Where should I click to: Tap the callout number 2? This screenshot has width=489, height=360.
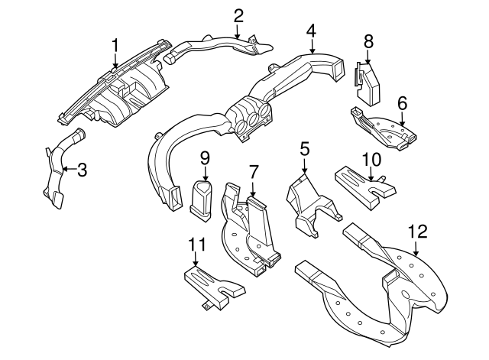[238, 15]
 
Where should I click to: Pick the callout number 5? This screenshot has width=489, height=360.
[304, 149]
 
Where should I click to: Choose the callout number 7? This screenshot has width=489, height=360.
[254, 169]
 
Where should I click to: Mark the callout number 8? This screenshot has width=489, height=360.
[368, 40]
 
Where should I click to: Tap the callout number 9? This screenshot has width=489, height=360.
[205, 157]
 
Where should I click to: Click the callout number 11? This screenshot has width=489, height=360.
[196, 245]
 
